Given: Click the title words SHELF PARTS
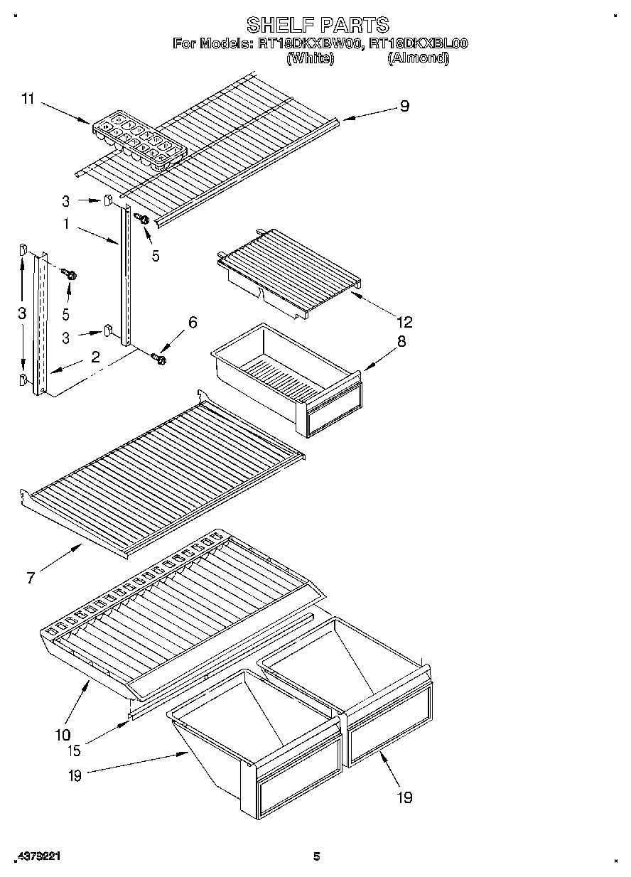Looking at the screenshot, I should (x=318, y=25).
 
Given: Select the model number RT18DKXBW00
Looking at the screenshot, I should (x=311, y=44).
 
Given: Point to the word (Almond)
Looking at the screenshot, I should (x=418, y=58).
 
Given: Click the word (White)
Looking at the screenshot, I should (x=310, y=58).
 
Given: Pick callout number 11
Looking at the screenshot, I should (x=28, y=99).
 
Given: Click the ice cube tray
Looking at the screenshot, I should (x=139, y=139).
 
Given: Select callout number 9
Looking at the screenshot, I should (x=404, y=107).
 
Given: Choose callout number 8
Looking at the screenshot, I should (x=401, y=341).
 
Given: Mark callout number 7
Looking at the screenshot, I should (x=31, y=578).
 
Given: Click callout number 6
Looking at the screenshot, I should (x=192, y=322).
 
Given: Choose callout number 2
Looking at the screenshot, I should (x=95, y=357).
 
